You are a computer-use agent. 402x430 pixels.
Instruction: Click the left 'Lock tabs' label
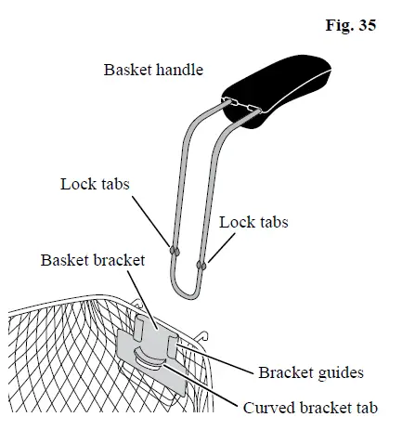(95, 184)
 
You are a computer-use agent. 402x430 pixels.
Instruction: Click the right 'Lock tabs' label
(253, 223)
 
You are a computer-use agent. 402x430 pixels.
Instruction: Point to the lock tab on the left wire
(174, 252)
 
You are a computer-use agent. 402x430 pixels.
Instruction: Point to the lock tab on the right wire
(201, 265)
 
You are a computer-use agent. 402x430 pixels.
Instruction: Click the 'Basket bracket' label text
(92, 260)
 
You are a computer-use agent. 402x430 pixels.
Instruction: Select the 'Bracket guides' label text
(310, 373)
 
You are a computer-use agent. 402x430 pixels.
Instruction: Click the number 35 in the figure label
(366, 26)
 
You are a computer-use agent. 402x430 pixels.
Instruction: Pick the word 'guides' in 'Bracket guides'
(339, 373)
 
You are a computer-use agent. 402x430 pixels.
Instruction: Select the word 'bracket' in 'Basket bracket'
(119, 260)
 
